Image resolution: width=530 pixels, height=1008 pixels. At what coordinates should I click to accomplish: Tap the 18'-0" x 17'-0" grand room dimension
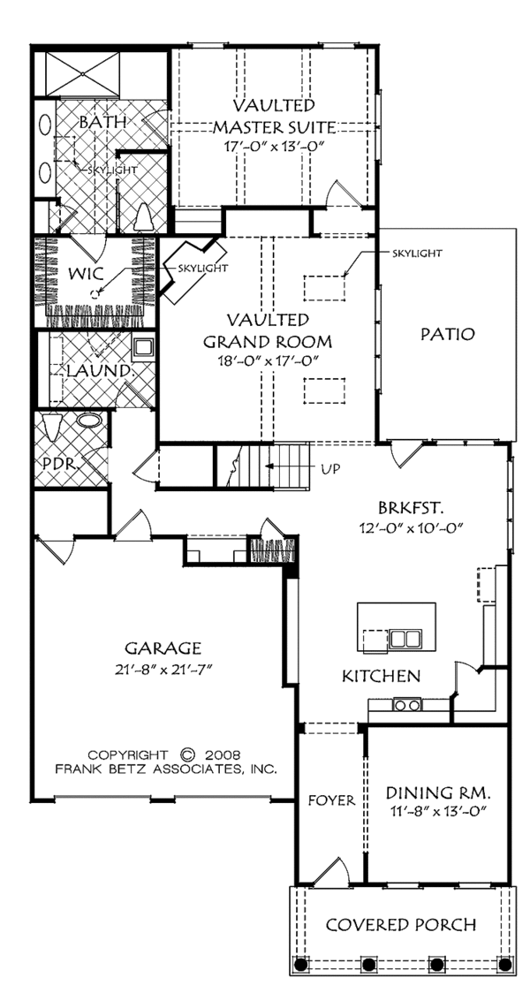(x=268, y=360)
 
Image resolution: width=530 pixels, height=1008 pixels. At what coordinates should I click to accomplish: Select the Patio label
(x=448, y=334)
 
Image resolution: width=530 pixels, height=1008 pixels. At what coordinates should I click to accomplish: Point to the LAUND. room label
(x=97, y=371)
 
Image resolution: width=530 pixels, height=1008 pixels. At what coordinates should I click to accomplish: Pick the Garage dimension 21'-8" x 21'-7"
(x=163, y=670)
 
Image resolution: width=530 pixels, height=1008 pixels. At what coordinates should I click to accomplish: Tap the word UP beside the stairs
(x=331, y=468)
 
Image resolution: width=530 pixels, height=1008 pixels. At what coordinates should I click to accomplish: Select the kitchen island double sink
(x=405, y=640)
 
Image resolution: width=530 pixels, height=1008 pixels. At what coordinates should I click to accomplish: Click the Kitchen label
(x=381, y=676)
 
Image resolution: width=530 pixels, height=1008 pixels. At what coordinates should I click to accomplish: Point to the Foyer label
(x=331, y=800)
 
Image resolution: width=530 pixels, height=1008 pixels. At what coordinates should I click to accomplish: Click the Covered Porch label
(x=401, y=925)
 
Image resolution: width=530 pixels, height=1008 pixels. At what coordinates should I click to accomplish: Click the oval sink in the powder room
(x=89, y=421)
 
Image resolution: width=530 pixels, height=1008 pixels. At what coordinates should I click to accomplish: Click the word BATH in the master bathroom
(x=102, y=121)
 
